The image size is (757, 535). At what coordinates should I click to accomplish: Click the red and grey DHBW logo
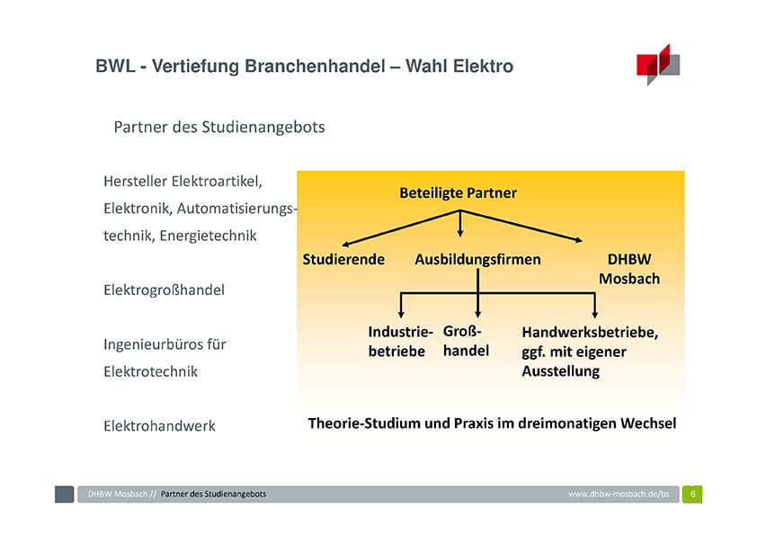click(x=658, y=64)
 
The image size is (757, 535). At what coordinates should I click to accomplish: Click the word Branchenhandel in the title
click(x=315, y=67)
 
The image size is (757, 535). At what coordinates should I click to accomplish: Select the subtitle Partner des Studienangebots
click(x=219, y=127)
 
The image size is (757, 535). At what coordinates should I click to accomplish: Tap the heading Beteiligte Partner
click(x=458, y=192)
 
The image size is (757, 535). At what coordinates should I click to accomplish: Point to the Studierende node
click(x=343, y=259)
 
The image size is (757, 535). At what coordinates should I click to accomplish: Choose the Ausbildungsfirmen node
click(x=477, y=259)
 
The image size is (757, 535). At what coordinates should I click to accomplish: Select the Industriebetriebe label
click(x=400, y=342)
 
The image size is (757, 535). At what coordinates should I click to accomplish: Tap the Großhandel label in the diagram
click(x=466, y=341)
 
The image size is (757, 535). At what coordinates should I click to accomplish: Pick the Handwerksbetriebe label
click(x=590, y=352)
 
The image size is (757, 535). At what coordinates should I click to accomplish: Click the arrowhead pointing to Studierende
click(x=345, y=244)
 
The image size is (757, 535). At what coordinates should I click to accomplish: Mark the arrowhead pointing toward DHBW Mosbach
click(x=578, y=239)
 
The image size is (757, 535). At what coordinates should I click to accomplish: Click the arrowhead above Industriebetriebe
click(x=401, y=314)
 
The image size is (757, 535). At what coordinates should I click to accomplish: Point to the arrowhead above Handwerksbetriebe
click(x=595, y=314)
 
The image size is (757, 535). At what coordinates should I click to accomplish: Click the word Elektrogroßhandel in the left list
click(x=165, y=290)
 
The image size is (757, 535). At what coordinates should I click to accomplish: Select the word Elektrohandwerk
click(x=159, y=426)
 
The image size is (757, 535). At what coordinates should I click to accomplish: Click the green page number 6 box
click(x=692, y=494)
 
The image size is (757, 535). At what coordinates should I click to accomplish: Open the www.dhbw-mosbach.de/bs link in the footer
click(x=619, y=494)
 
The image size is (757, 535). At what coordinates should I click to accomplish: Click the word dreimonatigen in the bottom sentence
click(x=566, y=424)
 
